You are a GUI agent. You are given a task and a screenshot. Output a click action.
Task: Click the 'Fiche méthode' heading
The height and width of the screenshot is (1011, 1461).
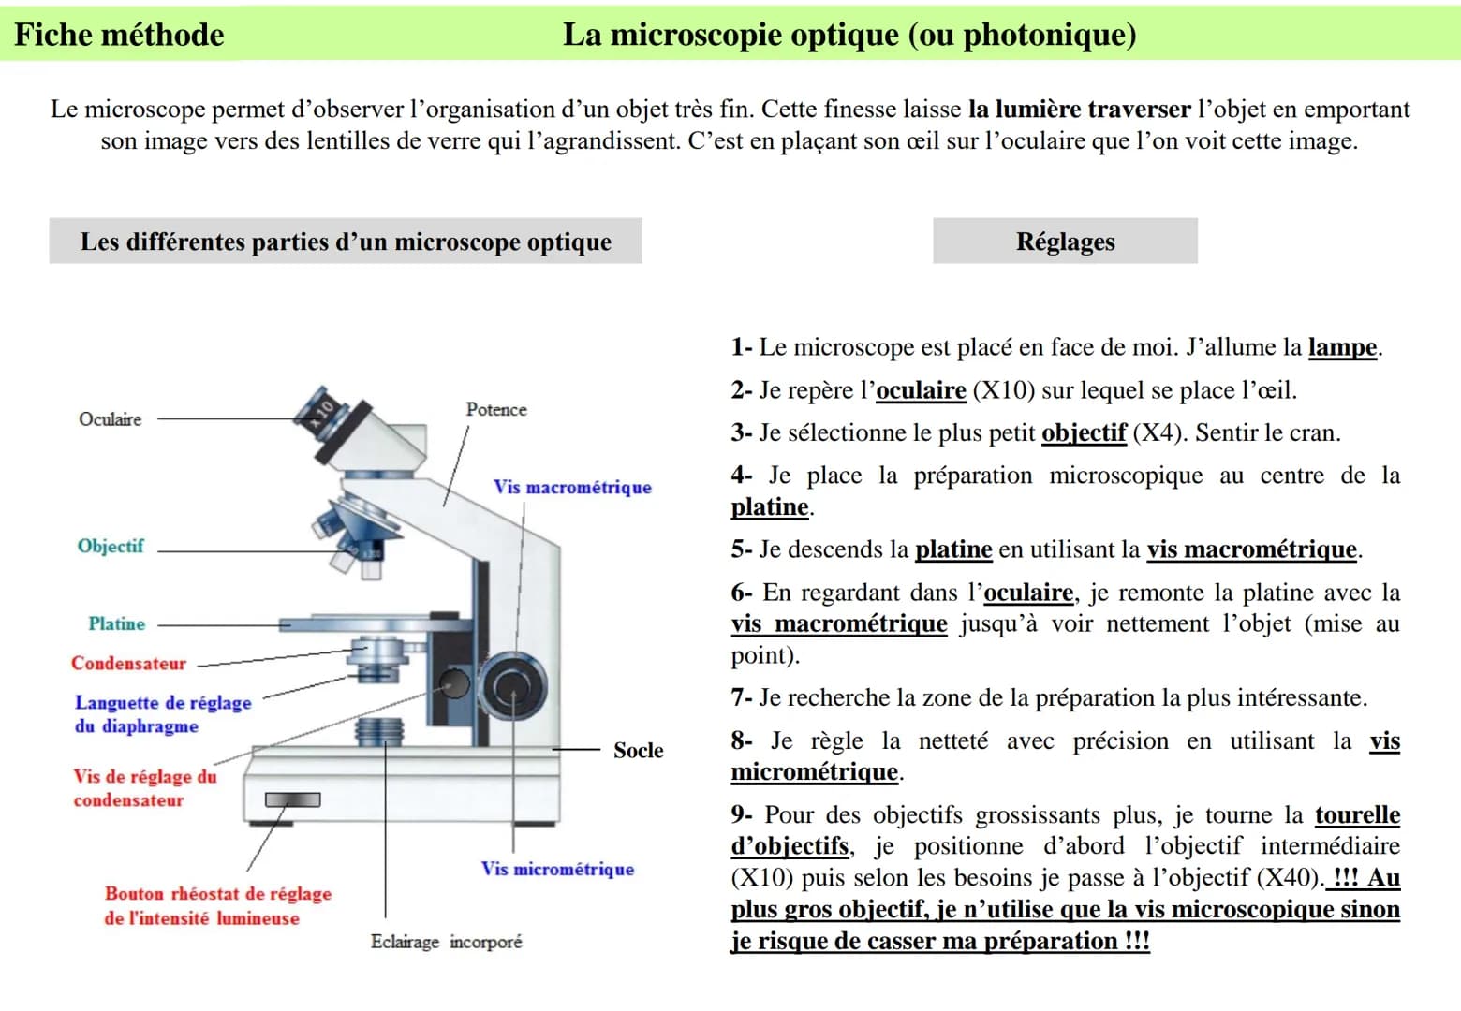(119, 36)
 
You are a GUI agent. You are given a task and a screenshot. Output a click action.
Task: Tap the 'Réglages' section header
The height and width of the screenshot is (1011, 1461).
(1065, 242)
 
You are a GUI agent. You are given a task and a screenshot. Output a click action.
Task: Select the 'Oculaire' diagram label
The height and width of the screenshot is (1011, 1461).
(111, 419)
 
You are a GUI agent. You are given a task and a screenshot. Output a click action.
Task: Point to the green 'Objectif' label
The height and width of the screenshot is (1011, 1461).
(111, 546)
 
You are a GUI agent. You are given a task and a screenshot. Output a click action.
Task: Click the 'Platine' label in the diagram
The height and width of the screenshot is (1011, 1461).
(117, 623)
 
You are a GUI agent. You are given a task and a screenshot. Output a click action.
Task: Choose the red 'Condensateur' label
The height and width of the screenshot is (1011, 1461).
(128, 664)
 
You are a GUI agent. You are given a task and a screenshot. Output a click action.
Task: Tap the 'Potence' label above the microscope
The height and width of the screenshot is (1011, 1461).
(496, 409)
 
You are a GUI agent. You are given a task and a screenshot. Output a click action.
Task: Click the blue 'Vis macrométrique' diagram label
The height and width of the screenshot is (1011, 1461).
(572, 487)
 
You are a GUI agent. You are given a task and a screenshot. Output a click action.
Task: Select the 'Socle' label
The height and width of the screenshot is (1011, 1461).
(638, 750)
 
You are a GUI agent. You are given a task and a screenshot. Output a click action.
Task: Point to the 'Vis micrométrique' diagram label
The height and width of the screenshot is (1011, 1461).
(557, 869)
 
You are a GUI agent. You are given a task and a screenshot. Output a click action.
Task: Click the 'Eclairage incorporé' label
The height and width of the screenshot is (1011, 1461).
(446, 942)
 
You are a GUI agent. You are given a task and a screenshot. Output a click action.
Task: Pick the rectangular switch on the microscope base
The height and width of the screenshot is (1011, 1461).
(292, 799)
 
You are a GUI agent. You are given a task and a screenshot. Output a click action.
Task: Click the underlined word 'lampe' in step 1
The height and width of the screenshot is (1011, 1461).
(1342, 347)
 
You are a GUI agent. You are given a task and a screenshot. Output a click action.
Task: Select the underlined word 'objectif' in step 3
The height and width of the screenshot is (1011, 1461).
(1083, 432)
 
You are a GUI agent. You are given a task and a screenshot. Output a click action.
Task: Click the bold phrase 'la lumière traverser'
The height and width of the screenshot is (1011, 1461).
(1079, 110)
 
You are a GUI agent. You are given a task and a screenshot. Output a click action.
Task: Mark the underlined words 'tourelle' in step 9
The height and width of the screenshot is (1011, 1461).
(1357, 815)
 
